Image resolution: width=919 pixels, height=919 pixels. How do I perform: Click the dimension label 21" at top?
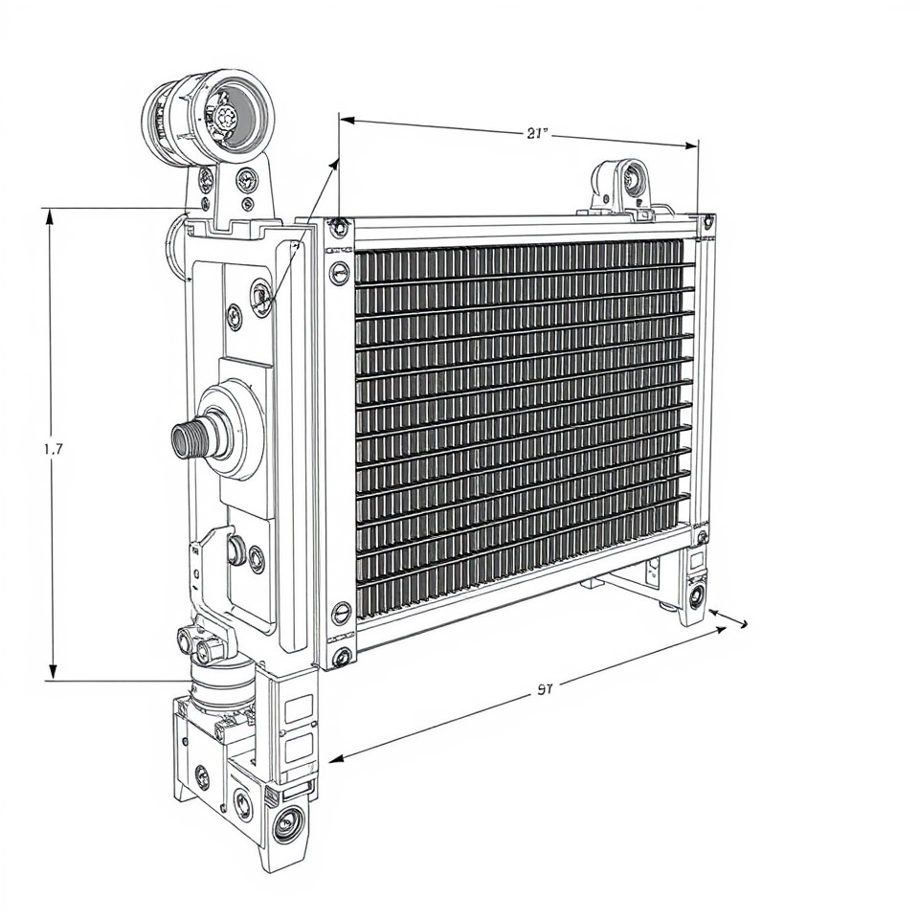pos(538,134)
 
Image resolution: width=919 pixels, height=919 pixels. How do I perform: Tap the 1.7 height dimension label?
pos(54,447)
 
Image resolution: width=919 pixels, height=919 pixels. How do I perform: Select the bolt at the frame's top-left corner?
pos(339,227)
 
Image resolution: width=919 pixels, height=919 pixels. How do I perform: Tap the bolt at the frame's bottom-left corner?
pos(340,656)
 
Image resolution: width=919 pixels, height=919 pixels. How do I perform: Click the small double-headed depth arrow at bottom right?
pos(728,617)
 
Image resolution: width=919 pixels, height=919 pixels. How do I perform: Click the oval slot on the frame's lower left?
pos(340,614)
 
